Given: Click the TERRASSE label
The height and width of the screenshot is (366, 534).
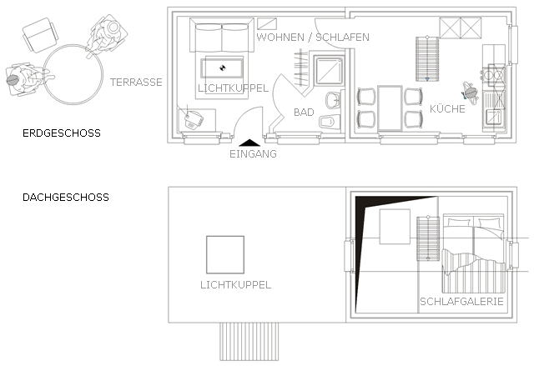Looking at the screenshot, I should tap(136, 82).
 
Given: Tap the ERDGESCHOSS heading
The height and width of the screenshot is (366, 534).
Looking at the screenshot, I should tap(63, 133).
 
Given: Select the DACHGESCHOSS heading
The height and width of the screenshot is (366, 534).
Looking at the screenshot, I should tap(65, 198).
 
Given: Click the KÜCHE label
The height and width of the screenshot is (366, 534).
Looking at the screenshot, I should tap(448, 109).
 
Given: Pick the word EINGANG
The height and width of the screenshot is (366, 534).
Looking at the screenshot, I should tap(252, 153).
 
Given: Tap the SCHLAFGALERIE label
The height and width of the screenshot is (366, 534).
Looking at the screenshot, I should tap(462, 302).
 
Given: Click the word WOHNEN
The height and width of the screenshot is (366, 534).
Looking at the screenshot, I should tap(280, 38).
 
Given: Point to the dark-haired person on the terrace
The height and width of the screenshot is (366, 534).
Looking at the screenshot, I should tap(18, 81).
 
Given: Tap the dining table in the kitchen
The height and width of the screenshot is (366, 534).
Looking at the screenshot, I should tap(389, 108).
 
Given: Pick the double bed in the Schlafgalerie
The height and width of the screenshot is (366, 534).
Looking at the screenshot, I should tap(474, 242).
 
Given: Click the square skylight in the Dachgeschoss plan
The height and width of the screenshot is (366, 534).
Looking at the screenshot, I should tap(225, 254).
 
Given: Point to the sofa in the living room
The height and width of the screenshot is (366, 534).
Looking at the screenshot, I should tap(221, 38).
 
